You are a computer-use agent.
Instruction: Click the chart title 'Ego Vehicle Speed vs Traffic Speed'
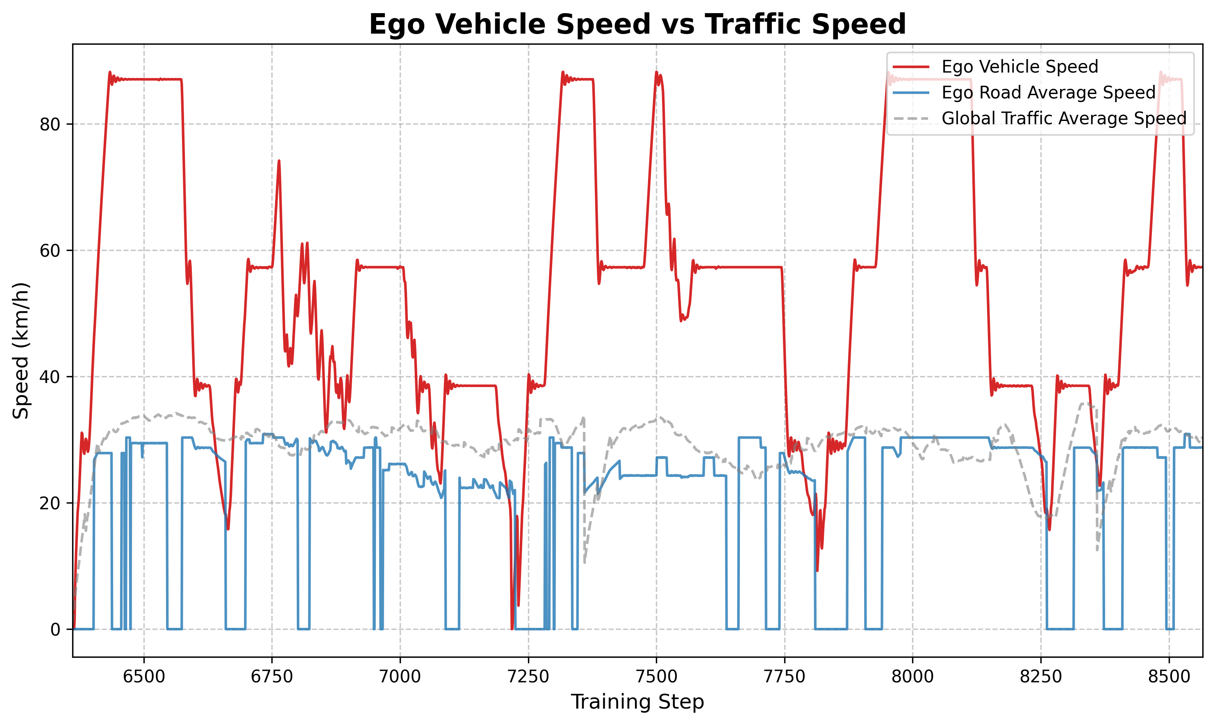point(637,25)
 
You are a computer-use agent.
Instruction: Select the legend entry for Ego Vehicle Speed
point(1019,66)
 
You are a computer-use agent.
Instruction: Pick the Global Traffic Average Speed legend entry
point(1064,118)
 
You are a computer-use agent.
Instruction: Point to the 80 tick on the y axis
point(50,125)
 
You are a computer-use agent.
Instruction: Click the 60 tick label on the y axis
point(50,251)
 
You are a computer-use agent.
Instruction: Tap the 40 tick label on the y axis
point(50,377)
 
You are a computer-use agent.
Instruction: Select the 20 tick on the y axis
point(50,503)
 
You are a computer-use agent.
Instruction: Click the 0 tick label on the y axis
point(55,629)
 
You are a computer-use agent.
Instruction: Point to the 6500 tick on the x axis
point(144,677)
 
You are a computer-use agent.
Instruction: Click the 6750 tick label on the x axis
point(272,677)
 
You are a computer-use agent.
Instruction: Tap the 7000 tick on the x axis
point(400,677)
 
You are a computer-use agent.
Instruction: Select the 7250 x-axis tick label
point(528,677)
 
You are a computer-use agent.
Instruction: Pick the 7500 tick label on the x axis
point(656,677)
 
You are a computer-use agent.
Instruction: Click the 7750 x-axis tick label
point(784,677)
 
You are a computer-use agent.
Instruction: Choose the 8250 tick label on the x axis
point(1041,677)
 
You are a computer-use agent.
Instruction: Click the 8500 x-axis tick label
point(1169,677)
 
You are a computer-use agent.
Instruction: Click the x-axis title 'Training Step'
point(637,702)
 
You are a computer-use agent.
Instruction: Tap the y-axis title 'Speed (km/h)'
point(21,350)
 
